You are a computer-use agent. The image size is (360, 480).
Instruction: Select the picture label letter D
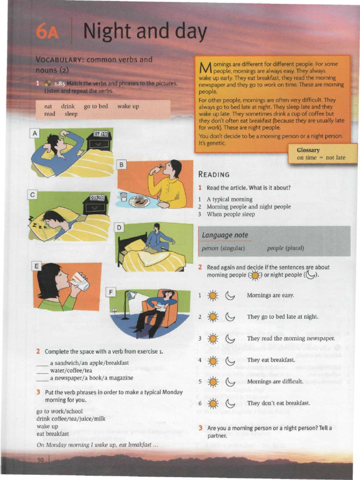click(x=120, y=228)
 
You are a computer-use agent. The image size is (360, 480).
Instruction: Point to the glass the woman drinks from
click(x=81, y=281)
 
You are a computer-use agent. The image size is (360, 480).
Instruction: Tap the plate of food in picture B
click(x=139, y=201)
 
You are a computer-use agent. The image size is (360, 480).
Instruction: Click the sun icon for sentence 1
click(x=213, y=296)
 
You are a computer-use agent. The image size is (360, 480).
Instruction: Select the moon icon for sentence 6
click(x=230, y=404)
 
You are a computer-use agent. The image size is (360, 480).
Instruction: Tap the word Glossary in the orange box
click(x=308, y=150)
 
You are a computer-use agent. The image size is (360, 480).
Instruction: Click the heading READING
click(x=214, y=174)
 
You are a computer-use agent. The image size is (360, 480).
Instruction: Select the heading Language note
click(x=225, y=235)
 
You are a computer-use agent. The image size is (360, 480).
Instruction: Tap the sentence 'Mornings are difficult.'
click(x=275, y=382)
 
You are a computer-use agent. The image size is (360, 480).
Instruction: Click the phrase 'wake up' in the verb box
click(x=128, y=106)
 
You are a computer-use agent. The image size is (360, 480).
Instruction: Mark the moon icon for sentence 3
click(x=230, y=338)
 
